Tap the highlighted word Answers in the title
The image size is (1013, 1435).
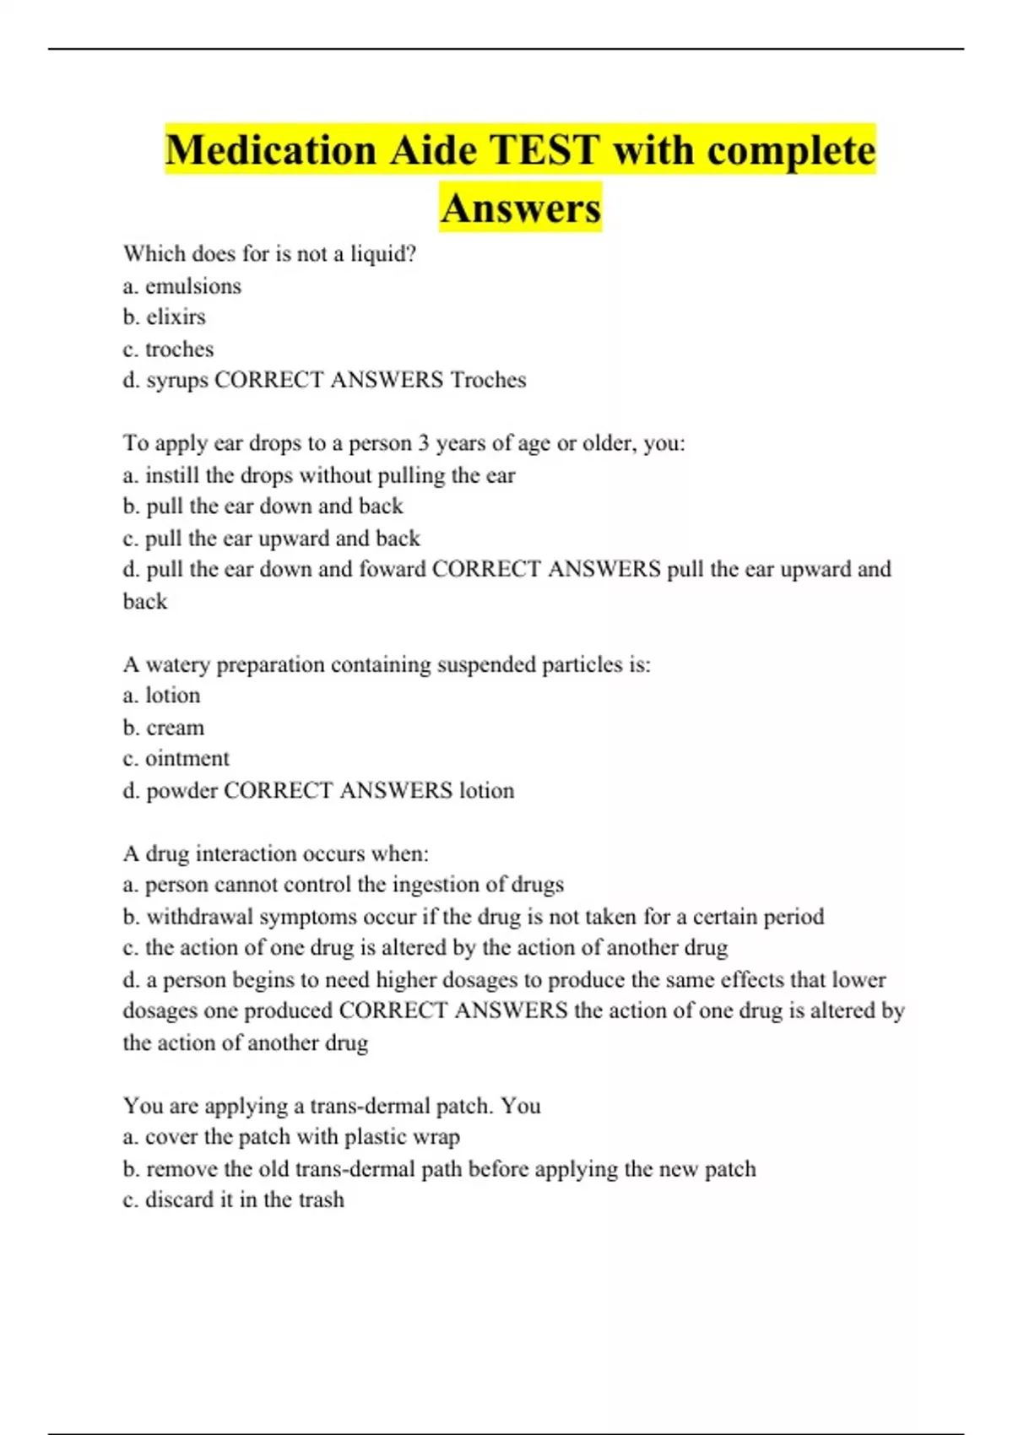pyautogui.click(x=520, y=208)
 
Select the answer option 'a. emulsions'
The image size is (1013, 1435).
pyautogui.click(x=181, y=286)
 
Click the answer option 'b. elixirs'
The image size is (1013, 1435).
pyautogui.click(x=164, y=317)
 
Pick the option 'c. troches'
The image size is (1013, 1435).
pyautogui.click(x=168, y=349)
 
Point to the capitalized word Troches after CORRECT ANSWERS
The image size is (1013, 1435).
pyautogui.click(x=488, y=380)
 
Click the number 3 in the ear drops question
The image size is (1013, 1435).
pyautogui.click(x=425, y=443)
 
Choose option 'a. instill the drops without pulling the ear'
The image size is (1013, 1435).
pyautogui.click(x=318, y=475)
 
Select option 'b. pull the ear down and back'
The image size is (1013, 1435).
pyautogui.click(x=263, y=506)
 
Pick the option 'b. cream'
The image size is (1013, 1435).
pyautogui.click(x=163, y=728)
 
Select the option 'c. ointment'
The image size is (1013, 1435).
pyautogui.click(x=176, y=759)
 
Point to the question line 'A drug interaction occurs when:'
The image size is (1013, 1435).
pyautogui.click(x=275, y=853)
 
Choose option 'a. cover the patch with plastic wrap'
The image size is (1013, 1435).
pyautogui.click(x=291, y=1137)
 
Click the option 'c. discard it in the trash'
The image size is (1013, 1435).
pyautogui.click(x=233, y=1199)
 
